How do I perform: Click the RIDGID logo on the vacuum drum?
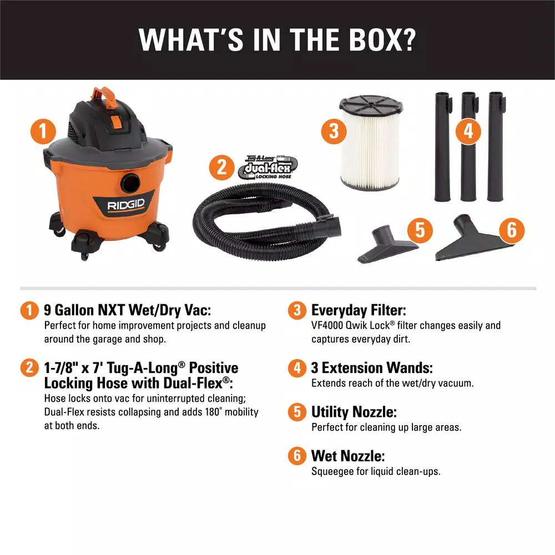pos(126,205)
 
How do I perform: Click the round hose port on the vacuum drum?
pos(130,183)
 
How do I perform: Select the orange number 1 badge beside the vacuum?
pos(43,132)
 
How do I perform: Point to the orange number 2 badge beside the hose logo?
pos(221,168)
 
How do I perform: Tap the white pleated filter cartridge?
pos(370,142)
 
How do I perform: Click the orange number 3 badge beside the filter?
pos(334,132)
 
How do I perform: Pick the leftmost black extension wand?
pos(442,147)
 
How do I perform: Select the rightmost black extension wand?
pos(496,147)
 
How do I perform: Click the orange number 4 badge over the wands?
pos(468,132)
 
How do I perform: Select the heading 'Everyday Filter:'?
pos(359,310)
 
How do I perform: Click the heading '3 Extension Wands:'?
pos(372,368)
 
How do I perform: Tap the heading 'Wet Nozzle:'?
pos(348,456)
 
